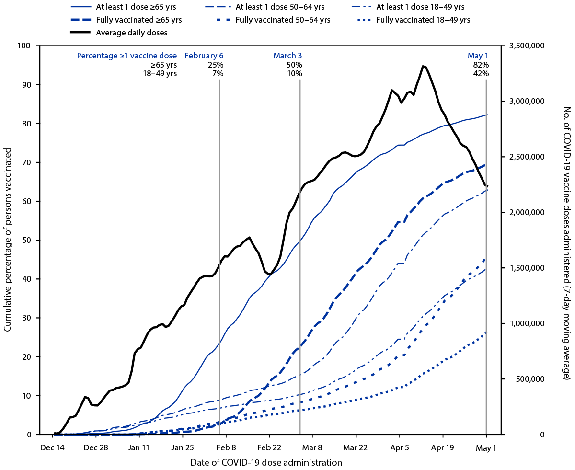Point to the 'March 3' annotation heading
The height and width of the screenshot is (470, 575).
287,56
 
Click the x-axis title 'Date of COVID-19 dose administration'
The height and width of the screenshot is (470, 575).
266,462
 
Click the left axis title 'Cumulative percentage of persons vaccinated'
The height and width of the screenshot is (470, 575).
8,240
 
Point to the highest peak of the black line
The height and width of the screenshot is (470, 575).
423,66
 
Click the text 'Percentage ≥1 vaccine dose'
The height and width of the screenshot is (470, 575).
127,56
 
